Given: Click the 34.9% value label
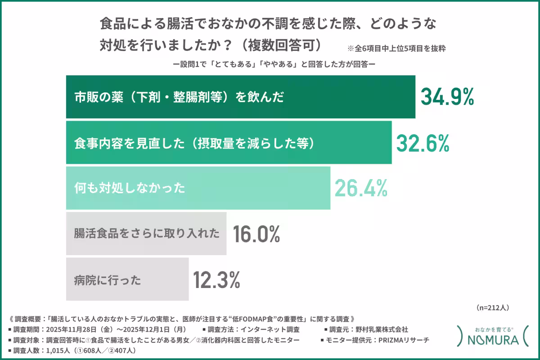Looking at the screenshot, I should tap(447, 97).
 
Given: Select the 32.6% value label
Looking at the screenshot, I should tap(423, 143).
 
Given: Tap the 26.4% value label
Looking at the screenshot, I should tap(361, 188).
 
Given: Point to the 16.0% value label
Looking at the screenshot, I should tap(257, 234).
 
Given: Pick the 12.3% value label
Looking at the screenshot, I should tap(216, 279).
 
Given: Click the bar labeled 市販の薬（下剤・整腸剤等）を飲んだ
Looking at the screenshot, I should tap(240, 97).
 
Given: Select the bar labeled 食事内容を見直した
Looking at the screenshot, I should tap(229, 143).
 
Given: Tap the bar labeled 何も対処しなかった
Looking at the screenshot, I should tap(198, 188).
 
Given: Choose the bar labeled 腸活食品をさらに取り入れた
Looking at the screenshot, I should tap(146, 234).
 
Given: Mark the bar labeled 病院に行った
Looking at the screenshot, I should tap(127, 279).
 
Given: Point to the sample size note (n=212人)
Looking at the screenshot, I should tap(492, 308).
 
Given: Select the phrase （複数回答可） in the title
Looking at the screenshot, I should tap(282, 45).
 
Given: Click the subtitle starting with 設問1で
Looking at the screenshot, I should tap(274, 64).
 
